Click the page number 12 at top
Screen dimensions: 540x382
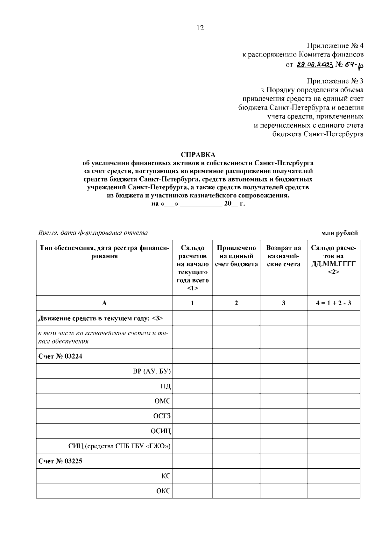200,28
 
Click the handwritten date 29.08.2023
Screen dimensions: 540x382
315,65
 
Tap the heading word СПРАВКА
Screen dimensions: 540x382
198,155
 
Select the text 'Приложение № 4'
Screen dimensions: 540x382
335,46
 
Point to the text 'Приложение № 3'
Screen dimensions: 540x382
335,81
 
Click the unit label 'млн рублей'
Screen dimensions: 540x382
339,233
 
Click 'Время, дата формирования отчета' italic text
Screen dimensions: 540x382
93,233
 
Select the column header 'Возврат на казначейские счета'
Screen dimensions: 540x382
283,256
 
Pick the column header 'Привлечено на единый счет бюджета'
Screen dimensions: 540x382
236,256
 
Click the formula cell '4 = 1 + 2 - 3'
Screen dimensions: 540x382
333,303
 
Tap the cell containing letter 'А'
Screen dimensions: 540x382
104,303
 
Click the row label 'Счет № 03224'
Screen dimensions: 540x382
60,356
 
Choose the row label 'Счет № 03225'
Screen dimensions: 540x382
60,461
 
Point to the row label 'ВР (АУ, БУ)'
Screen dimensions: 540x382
152,371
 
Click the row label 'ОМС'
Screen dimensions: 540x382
162,401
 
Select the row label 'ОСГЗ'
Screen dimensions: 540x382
162,416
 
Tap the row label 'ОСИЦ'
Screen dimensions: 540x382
161,431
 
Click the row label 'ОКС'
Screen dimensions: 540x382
163,491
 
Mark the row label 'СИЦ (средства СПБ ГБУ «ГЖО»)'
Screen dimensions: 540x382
120,446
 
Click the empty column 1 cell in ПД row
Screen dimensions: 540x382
193,386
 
